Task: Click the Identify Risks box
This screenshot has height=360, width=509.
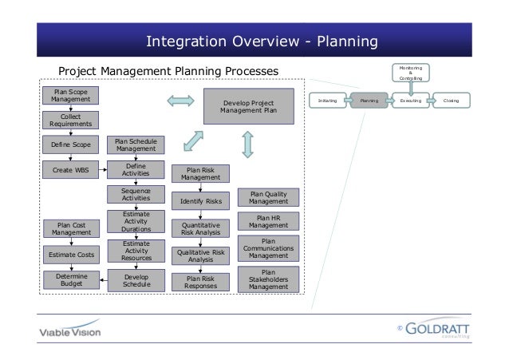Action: click(200, 201)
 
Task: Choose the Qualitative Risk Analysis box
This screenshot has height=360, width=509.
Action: click(200, 255)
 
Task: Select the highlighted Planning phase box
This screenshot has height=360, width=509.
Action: click(369, 102)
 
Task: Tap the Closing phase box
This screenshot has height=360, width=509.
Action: click(452, 102)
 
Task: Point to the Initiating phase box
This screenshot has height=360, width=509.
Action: click(327, 102)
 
